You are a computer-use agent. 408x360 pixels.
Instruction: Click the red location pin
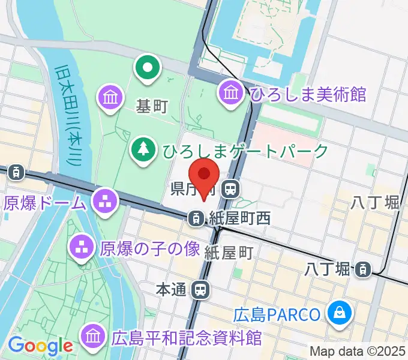203,175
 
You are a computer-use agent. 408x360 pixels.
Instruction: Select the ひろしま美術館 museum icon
231,93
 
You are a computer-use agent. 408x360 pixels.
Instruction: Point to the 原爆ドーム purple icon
106,202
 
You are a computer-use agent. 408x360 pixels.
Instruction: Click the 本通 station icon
200,290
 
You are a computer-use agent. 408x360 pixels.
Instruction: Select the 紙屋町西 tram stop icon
196,219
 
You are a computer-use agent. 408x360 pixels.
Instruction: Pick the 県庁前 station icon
229,190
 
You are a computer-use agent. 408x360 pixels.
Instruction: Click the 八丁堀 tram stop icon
362,270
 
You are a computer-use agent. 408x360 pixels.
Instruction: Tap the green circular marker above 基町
147,68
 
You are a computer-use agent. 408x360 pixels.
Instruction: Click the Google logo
40,345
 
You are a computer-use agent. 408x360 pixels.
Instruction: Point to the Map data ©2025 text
357,351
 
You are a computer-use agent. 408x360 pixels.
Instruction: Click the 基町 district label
152,107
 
